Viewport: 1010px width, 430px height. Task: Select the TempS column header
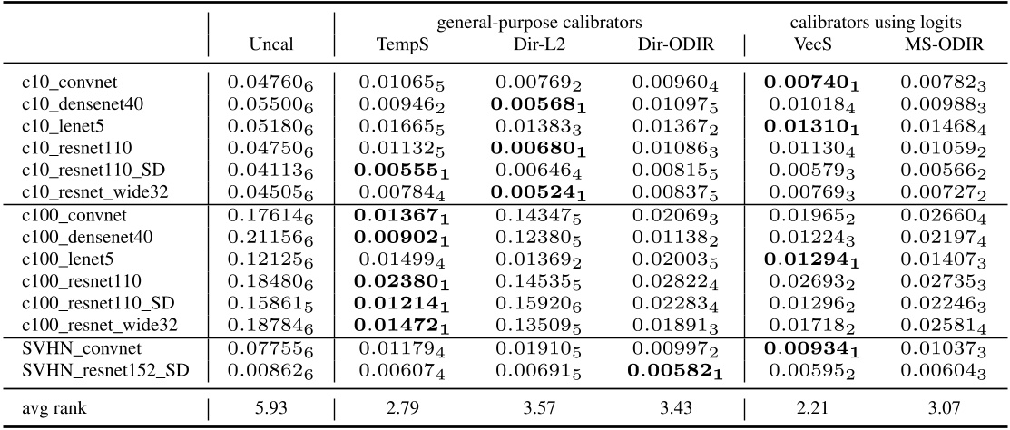(x=398, y=45)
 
